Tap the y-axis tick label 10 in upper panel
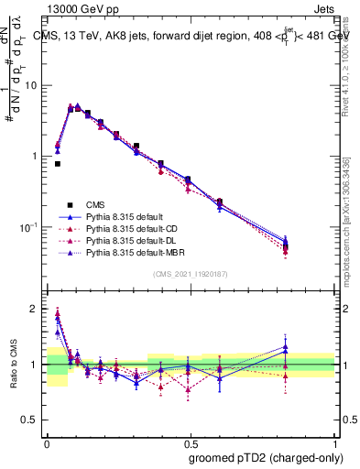click(30, 85)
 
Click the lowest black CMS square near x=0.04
click(57, 164)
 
